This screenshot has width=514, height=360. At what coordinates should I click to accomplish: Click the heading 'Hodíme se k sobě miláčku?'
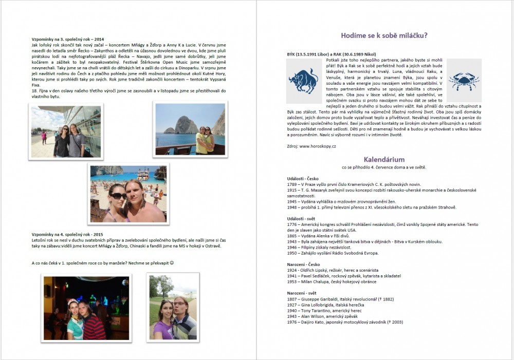[384, 35]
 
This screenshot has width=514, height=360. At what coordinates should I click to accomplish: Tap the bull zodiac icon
[303, 80]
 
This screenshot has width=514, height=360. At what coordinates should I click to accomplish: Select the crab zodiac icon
[464, 80]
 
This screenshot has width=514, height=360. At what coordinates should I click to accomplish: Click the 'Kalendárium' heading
[384, 159]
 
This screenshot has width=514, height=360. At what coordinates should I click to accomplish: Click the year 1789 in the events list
[292, 183]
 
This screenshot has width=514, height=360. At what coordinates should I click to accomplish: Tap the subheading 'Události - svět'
[302, 219]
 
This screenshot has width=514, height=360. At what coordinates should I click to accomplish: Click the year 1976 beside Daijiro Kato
[292, 322]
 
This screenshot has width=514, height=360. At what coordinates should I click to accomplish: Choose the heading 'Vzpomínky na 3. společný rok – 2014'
[67, 39]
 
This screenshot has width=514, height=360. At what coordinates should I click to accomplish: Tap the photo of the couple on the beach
[128, 194]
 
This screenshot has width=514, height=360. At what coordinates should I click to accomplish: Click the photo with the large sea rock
[190, 129]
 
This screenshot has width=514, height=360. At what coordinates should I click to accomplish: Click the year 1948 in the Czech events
[292, 207]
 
